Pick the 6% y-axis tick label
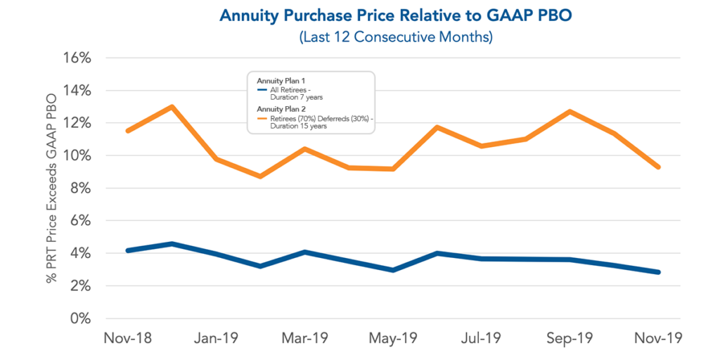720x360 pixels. pyautogui.click(x=79, y=221)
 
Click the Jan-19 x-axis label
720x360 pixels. pyautogui.click(x=216, y=338)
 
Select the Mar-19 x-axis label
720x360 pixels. pyautogui.click(x=304, y=338)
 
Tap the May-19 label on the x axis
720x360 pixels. pyautogui.click(x=393, y=338)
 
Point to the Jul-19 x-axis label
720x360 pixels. pyautogui.click(x=481, y=338)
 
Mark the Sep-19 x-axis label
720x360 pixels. pyautogui.click(x=570, y=338)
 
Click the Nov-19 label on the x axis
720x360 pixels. pyautogui.click(x=658, y=338)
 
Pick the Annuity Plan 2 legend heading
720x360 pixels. pyautogui.click(x=279, y=109)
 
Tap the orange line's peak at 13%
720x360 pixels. pyautogui.click(x=172, y=107)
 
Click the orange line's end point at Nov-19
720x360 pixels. pyautogui.click(x=658, y=167)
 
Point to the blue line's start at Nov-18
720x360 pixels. pyautogui.click(x=127, y=250)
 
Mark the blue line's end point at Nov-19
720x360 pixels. pyautogui.click(x=658, y=272)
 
